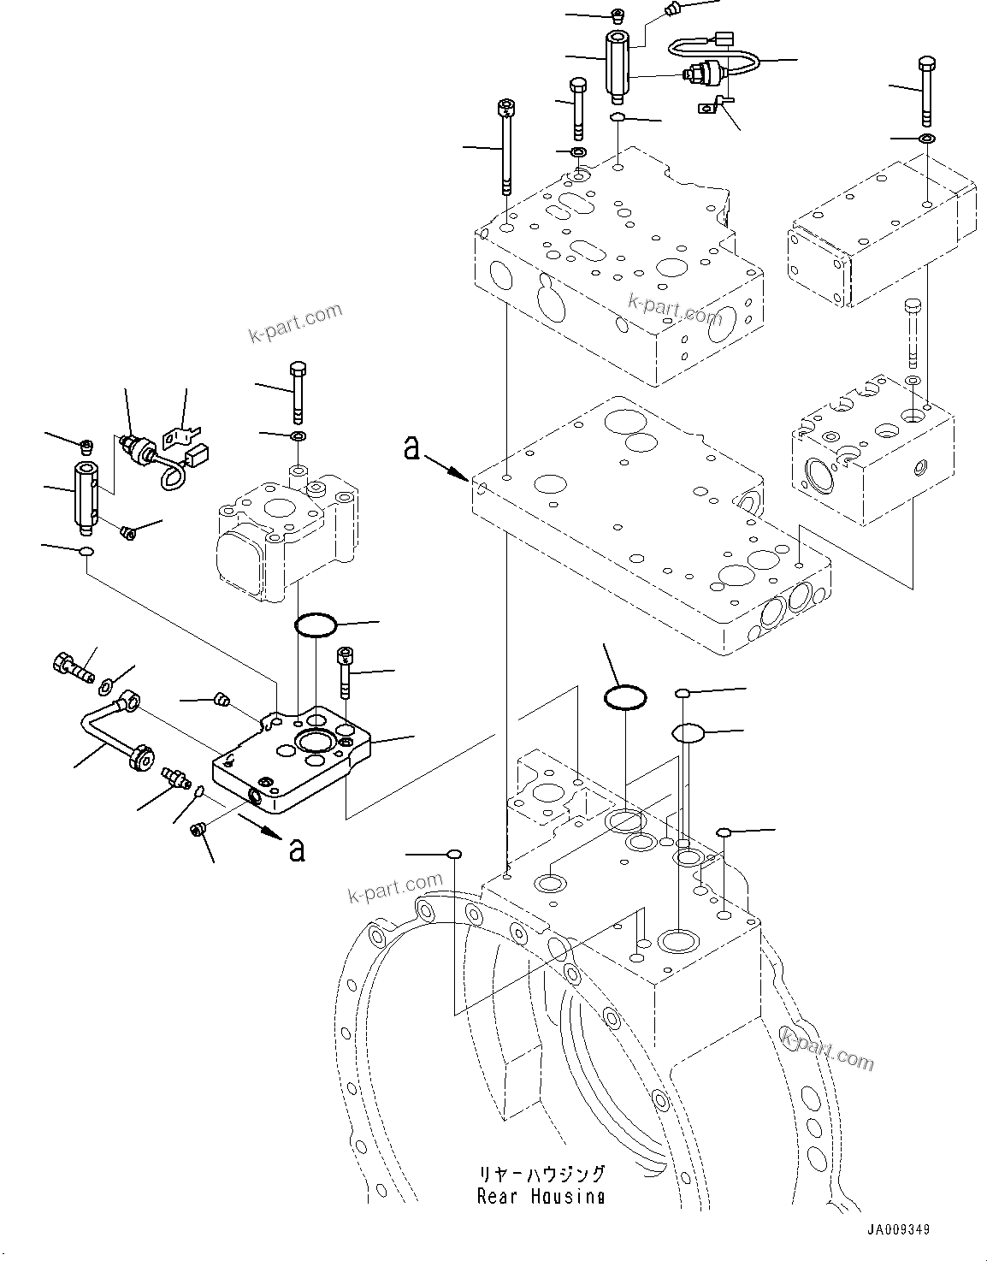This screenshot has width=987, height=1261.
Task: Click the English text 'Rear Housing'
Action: coord(541,1196)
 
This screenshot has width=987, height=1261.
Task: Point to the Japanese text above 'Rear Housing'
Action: coord(541,1174)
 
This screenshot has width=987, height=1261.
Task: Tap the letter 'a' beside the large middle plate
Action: coord(412,447)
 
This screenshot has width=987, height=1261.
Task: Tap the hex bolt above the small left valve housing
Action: coord(297,392)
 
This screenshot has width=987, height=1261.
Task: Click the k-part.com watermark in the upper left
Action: coord(295,323)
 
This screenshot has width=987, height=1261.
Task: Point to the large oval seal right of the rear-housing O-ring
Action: coord(688,732)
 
